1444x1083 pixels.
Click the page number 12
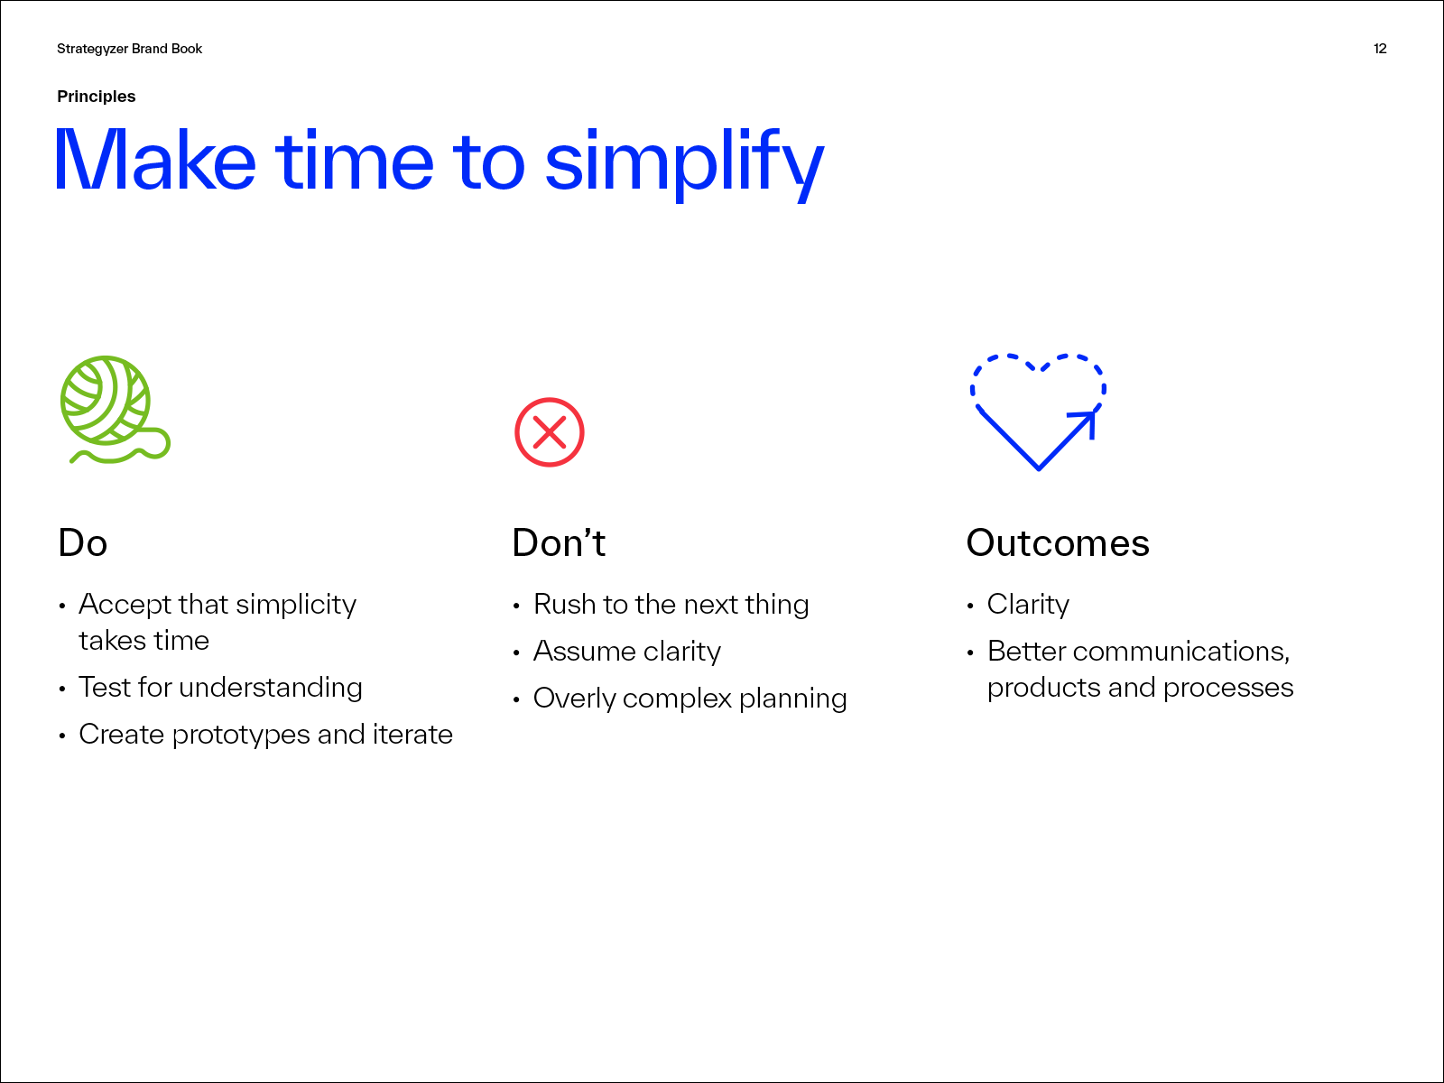(x=1380, y=49)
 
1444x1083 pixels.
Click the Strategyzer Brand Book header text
(x=130, y=50)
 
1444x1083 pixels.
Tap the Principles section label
(x=96, y=97)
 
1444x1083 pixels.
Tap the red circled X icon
(x=550, y=432)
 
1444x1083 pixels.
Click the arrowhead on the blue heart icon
(x=1087, y=421)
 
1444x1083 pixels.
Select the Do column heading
(x=82, y=543)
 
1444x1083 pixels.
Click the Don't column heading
(x=559, y=543)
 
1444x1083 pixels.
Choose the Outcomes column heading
(x=1058, y=543)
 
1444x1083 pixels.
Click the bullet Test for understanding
(x=220, y=688)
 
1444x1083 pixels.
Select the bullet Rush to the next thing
(x=671, y=605)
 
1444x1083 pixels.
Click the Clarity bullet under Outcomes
(x=1028, y=605)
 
